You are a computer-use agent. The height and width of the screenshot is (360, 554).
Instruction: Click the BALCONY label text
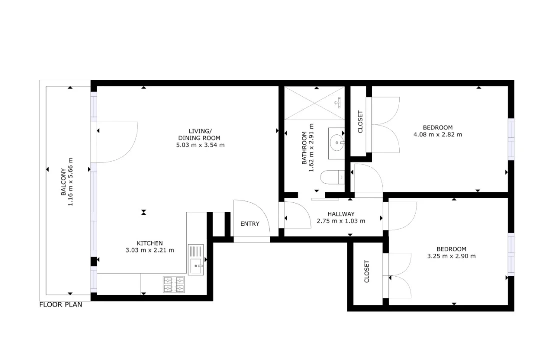point(64,182)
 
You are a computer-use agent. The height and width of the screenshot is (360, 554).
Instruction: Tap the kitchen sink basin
point(196,266)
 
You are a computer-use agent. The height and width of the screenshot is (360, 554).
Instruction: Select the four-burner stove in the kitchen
point(174,284)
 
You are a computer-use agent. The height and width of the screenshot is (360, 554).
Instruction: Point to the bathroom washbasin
point(336,143)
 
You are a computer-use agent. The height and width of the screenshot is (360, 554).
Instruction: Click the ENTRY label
point(250,224)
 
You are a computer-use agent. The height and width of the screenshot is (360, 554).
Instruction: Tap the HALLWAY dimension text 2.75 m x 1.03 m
point(341,221)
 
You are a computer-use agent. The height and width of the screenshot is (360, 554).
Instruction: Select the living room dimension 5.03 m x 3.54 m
point(200,145)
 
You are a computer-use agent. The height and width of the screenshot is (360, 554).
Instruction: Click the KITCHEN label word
point(150,243)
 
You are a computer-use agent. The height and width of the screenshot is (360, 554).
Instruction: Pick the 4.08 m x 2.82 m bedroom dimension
point(438,134)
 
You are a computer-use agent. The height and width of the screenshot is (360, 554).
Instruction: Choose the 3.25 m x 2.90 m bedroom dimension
point(451,256)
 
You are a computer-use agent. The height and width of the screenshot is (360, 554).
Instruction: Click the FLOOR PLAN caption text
point(61,305)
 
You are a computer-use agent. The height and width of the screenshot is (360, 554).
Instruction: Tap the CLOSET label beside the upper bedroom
point(360,122)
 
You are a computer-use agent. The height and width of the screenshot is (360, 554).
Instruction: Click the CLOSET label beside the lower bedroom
point(366,271)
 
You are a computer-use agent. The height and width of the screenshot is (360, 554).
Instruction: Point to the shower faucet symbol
point(338,102)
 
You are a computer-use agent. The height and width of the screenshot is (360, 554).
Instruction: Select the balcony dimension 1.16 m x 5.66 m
point(70,182)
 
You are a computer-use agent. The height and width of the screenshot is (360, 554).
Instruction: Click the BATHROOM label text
point(304,148)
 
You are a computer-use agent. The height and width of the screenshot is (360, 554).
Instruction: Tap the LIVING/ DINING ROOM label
point(199,135)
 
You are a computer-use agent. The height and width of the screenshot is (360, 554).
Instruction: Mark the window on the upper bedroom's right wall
point(511,139)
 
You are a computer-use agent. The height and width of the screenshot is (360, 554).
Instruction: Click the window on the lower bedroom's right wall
point(511,254)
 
